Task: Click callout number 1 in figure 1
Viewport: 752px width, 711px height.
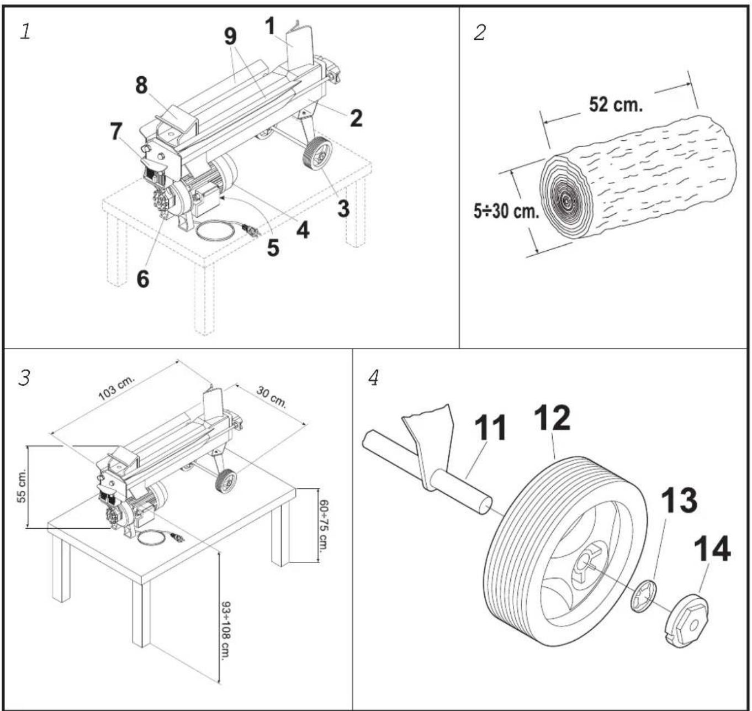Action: click(269, 26)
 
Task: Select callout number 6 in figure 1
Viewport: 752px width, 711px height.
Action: click(142, 279)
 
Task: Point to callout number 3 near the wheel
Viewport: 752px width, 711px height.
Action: click(343, 208)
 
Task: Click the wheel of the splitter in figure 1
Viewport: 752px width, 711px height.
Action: click(317, 155)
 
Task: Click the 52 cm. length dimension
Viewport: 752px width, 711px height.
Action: click(615, 104)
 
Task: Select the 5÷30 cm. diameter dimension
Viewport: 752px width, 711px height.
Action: click(506, 211)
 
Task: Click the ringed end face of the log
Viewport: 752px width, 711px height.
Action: click(566, 197)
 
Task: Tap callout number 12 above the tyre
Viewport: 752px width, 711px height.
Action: click(553, 418)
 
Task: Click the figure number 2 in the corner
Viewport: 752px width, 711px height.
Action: click(479, 33)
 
